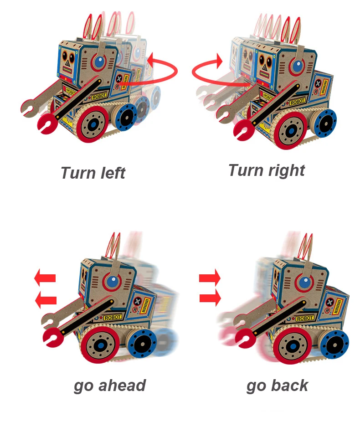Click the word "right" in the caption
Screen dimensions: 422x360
click(x=287, y=170)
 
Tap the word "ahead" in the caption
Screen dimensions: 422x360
click(x=123, y=385)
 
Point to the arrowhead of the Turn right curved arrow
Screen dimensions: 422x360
click(x=220, y=60)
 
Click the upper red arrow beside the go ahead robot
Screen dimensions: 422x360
click(x=45, y=277)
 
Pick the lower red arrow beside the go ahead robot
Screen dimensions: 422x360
click(x=46, y=299)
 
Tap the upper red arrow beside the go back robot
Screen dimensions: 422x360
click(x=210, y=277)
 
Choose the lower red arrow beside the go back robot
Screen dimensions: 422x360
click(x=210, y=298)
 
